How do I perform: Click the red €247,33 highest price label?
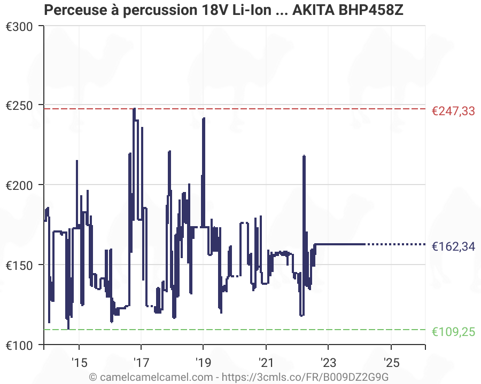(x=453, y=111)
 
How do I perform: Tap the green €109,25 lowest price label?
(x=453, y=332)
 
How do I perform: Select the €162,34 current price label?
(x=453, y=247)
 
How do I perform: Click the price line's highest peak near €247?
(x=134, y=109)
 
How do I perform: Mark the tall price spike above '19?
(x=204, y=119)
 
